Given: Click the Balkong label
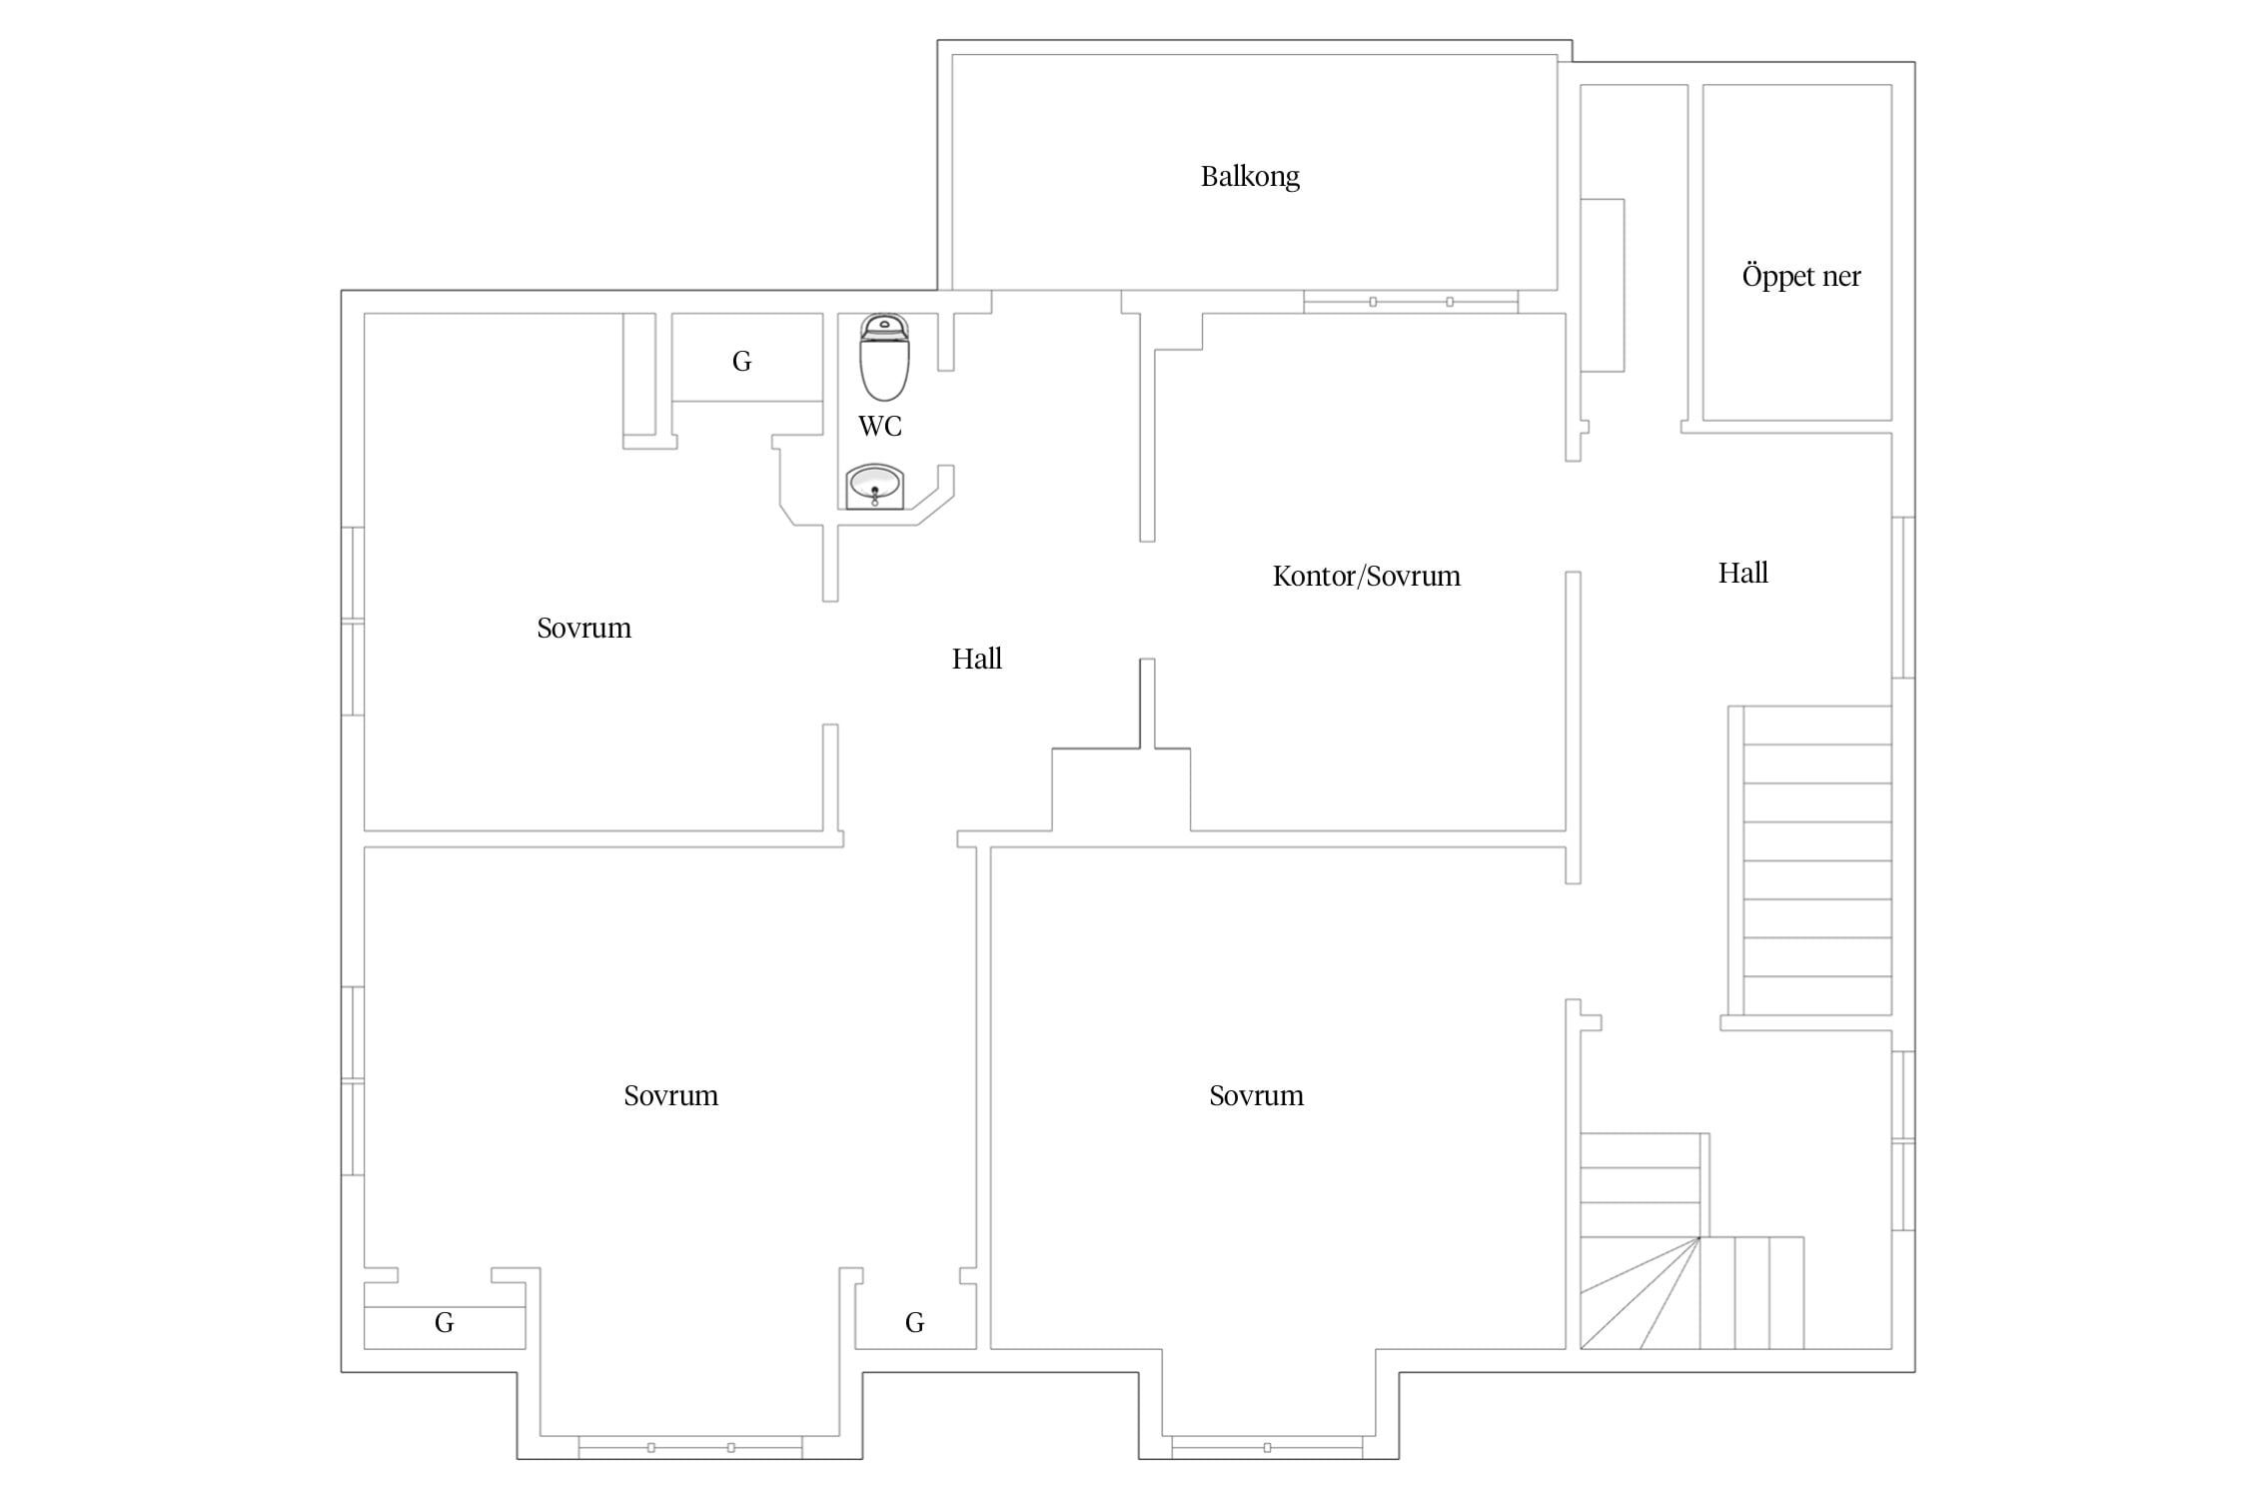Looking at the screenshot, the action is (x=1250, y=177).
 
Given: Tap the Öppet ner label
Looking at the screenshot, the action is (x=1801, y=276).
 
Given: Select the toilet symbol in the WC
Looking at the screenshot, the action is (x=884, y=357).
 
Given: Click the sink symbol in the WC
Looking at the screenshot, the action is (x=875, y=487).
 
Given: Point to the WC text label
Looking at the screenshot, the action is (x=880, y=427).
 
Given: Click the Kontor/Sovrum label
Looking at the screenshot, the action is (x=1367, y=577).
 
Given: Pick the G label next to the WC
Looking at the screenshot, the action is (x=741, y=362).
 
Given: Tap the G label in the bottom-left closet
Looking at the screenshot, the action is (x=445, y=1323).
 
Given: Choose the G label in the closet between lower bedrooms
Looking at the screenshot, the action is (x=915, y=1323).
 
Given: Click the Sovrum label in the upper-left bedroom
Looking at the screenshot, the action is (x=584, y=629).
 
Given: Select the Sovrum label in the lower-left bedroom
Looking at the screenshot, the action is (x=671, y=1096).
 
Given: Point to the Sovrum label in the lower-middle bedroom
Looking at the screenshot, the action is (x=1257, y=1096).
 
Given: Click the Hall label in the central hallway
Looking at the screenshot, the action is (x=977, y=660).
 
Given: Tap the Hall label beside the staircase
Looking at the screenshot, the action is (x=1743, y=574).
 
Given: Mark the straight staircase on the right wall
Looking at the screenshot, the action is (x=1810, y=860).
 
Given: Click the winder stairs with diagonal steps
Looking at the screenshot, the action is (x=1691, y=1241).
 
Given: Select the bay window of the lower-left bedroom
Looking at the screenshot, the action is (x=690, y=1447).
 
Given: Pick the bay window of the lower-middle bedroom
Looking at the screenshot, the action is (x=1267, y=1447).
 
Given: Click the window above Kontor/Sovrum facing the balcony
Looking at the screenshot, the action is (x=1411, y=302).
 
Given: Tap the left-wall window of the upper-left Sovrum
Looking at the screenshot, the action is (x=353, y=621).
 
